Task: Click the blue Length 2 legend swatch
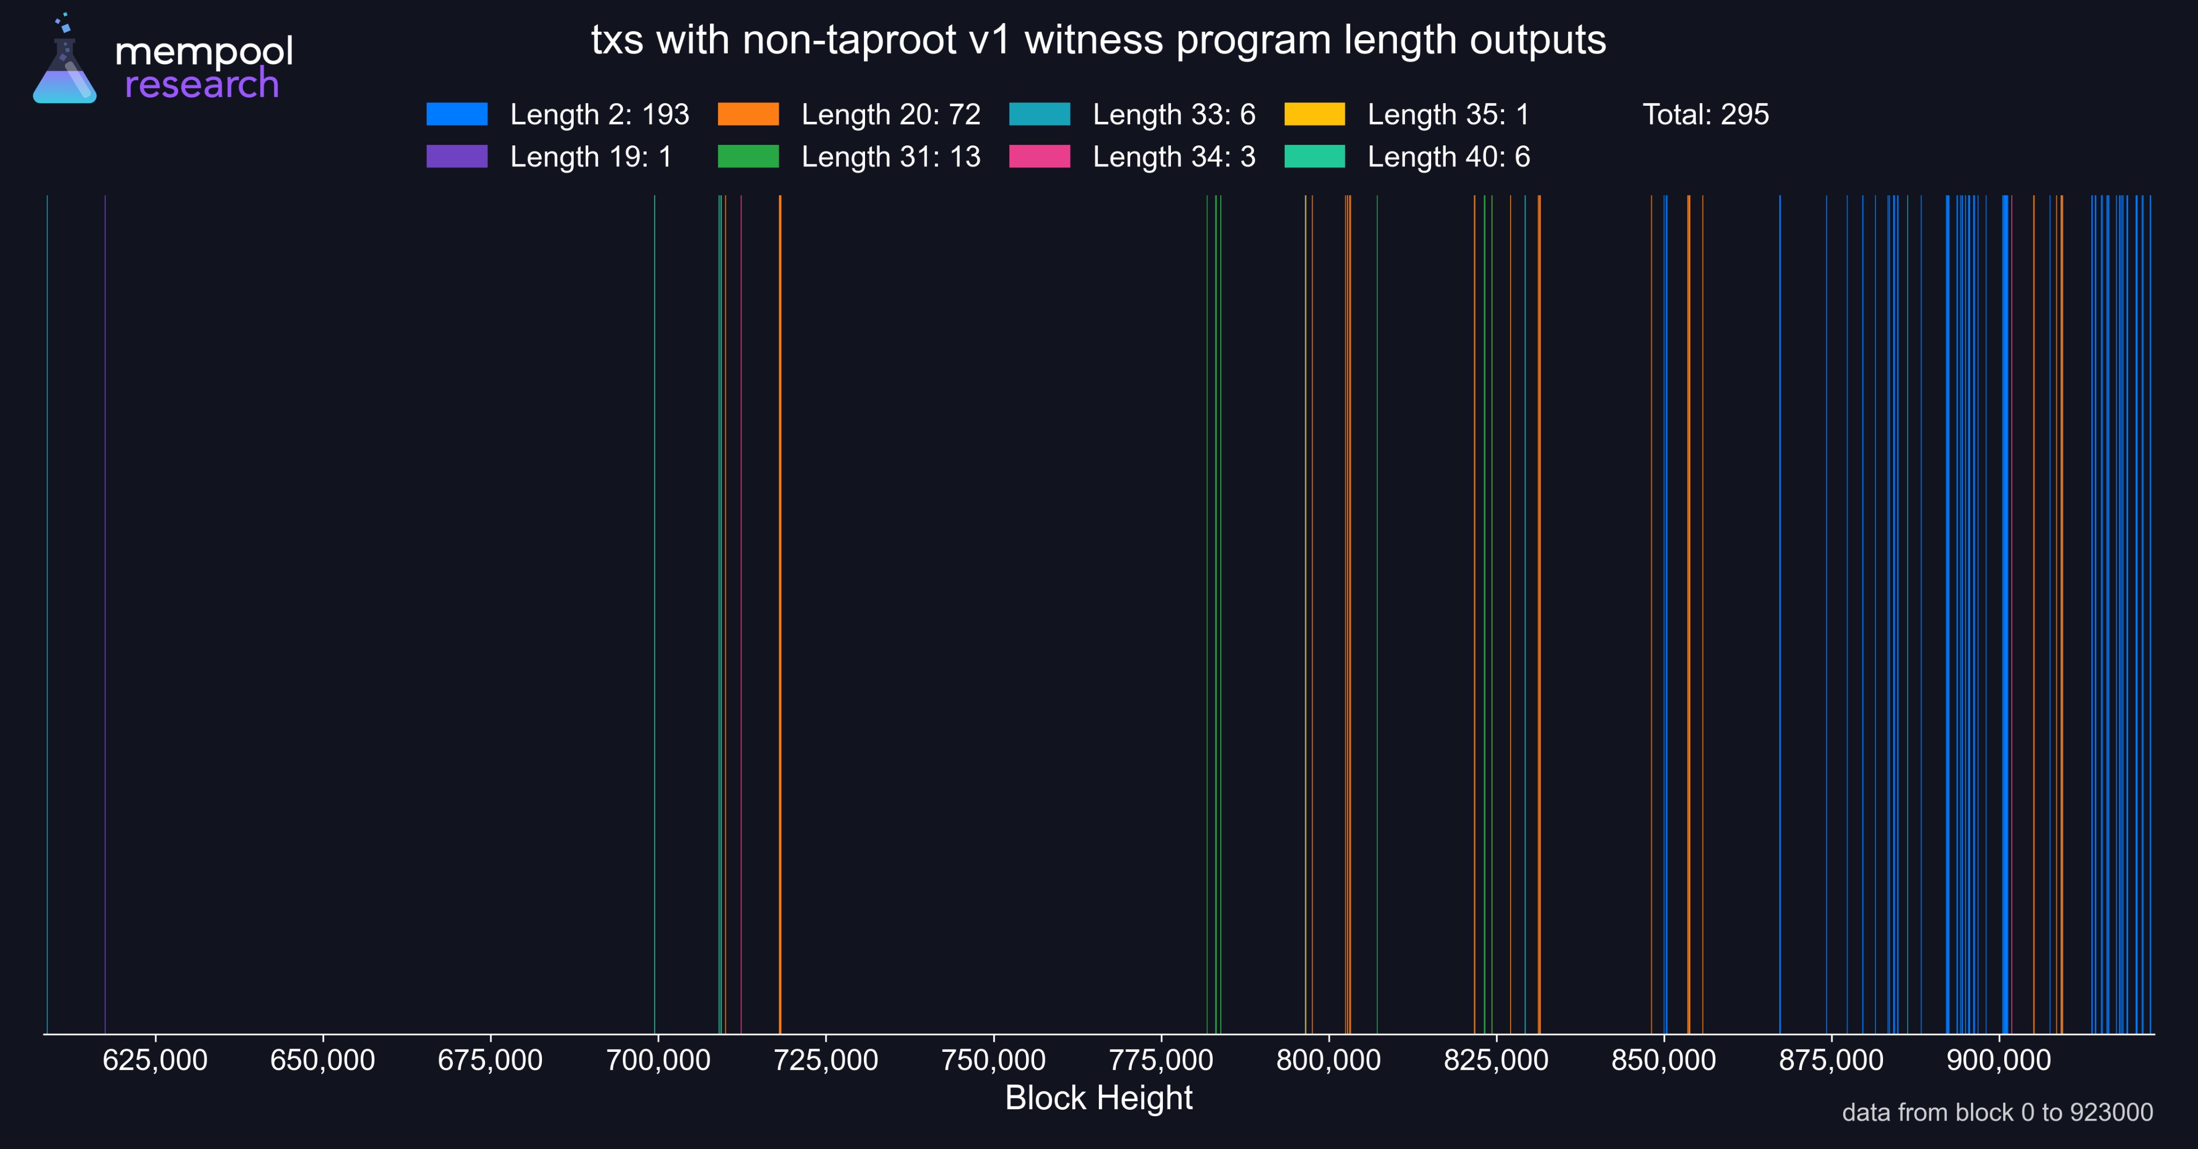pos(457,114)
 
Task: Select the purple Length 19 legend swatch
pos(457,156)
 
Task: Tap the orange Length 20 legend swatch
pos(748,114)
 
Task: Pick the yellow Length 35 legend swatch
pos(1314,114)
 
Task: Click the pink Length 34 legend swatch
pos(1039,156)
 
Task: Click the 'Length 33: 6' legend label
pos(1174,114)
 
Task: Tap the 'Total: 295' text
pos(1706,114)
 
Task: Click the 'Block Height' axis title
pos(1098,1098)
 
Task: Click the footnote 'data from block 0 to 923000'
pos(1997,1113)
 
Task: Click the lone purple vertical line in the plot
pos(105,614)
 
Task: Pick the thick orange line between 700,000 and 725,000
pos(780,614)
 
